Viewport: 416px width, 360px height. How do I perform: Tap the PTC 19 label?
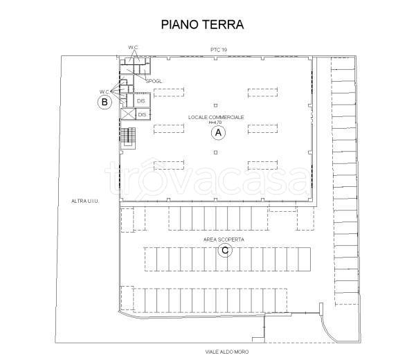coord(219,50)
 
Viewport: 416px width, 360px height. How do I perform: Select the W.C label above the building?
coord(133,47)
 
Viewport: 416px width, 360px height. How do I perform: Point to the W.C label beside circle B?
coord(104,91)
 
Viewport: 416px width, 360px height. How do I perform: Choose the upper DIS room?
coord(141,101)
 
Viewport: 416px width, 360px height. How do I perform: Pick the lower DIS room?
coord(143,114)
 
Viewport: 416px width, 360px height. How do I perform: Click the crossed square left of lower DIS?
coord(127,114)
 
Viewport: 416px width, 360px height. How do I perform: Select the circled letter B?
coord(104,102)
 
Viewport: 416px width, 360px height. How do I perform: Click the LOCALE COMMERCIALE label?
coord(216,117)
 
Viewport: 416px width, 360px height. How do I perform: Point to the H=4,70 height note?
coord(216,123)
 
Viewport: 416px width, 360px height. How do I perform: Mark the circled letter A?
coord(217,133)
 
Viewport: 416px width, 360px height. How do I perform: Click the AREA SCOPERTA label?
coord(224,239)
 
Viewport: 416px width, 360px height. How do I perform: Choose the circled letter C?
coord(224,251)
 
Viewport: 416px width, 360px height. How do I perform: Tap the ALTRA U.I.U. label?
coord(87,201)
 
